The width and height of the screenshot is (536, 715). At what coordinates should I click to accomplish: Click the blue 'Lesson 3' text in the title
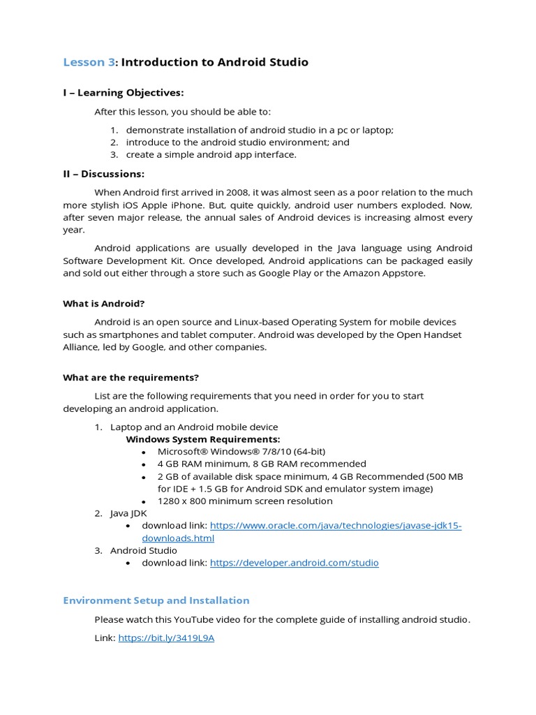89,62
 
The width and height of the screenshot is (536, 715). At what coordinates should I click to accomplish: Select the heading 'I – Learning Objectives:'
124,93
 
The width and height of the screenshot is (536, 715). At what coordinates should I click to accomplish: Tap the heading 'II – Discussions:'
104,174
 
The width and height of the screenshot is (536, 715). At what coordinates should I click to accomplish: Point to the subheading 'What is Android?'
104,304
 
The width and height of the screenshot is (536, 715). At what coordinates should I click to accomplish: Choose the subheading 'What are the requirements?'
131,378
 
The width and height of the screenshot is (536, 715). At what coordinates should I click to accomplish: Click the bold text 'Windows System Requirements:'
202,439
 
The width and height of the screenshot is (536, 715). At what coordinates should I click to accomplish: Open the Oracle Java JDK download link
336,526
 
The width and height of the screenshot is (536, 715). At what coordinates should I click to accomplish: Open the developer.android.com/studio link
294,563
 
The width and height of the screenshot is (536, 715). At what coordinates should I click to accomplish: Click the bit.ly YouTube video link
166,638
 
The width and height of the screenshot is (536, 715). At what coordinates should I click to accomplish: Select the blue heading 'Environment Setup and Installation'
156,600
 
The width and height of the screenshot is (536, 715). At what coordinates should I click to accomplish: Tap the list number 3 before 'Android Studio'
98,551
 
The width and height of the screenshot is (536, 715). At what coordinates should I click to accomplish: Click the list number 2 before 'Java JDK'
98,513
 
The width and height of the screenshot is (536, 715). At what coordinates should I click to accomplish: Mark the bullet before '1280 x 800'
143,502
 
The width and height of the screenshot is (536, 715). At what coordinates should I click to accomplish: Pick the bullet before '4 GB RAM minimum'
143,464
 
